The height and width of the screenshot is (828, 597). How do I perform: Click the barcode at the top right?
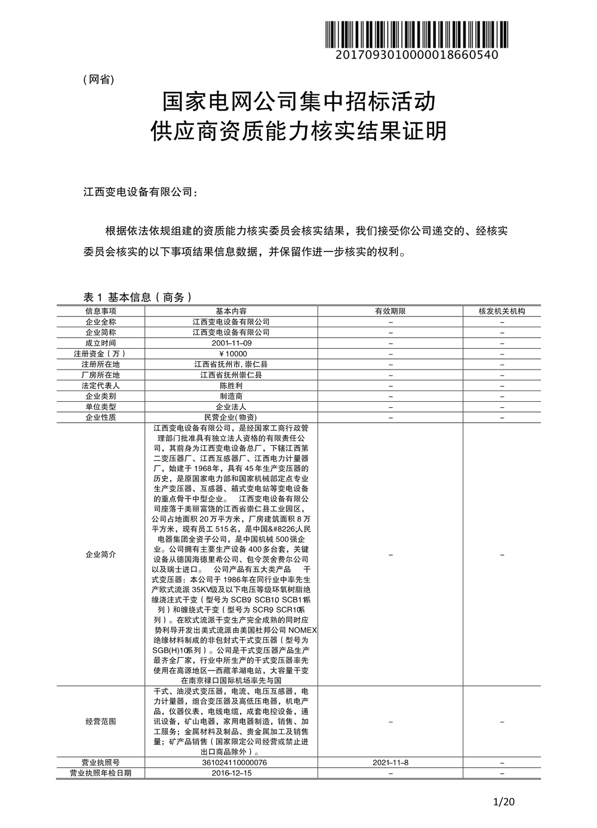416,34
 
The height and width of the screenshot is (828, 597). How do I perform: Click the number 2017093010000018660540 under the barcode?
416,55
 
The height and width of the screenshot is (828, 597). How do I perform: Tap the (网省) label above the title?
98,80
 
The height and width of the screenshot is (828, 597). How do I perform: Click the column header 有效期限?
390,311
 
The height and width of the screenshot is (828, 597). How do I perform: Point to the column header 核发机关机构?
501,311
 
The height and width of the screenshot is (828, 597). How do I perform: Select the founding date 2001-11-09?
231,343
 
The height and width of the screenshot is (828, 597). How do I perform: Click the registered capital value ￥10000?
231,354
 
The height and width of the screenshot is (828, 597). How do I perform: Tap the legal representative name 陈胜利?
231,386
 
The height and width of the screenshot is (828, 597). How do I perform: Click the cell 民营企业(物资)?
231,417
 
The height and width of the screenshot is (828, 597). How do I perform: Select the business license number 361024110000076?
231,763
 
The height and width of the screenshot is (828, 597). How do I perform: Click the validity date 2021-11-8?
390,763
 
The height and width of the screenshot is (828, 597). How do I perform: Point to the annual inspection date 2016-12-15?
231,773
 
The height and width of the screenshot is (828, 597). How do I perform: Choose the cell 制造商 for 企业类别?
231,396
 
